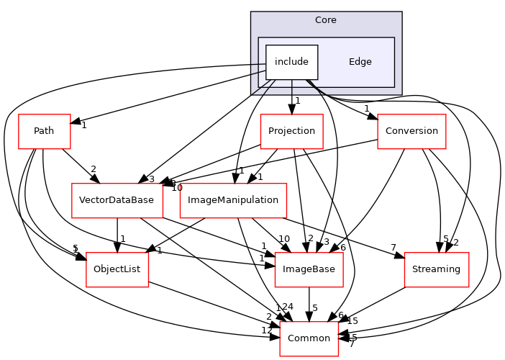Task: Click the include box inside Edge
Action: pyautogui.click(x=291, y=62)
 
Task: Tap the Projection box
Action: pyautogui.click(x=291, y=131)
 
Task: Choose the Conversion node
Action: pyautogui.click(x=411, y=131)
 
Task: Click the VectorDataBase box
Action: pyautogui.click(x=117, y=200)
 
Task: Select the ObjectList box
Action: pyautogui.click(x=117, y=269)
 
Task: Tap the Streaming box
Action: pyautogui.click(x=437, y=269)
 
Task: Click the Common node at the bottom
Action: pyautogui.click(x=309, y=338)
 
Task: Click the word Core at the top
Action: pyautogui.click(x=326, y=19)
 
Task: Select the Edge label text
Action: pyautogui.click(x=360, y=62)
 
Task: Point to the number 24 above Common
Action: pyautogui.click(x=287, y=307)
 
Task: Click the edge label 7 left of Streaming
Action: pyautogui.click(x=394, y=248)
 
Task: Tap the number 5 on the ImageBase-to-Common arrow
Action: pyautogui.click(x=315, y=308)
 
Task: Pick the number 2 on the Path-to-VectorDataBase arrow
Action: pyautogui.click(x=94, y=170)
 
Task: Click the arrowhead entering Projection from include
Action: pyautogui.click(x=291, y=109)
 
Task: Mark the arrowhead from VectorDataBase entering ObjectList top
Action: pyautogui.click(x=117, y=248)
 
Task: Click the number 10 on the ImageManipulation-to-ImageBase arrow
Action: pyautogui.click(x=283, y=238)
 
